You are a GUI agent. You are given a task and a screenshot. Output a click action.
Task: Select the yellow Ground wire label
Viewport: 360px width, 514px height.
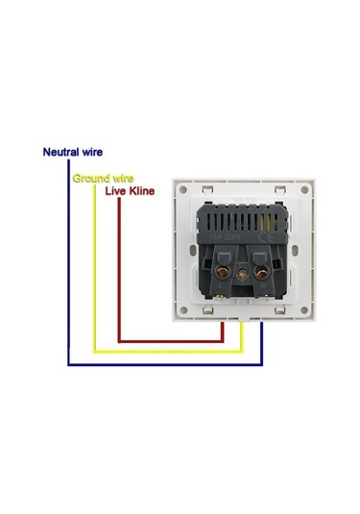103,178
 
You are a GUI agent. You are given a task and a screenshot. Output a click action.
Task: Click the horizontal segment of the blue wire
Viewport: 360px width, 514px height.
163,364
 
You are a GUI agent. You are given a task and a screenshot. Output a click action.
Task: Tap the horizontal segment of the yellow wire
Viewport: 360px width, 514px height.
163,352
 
